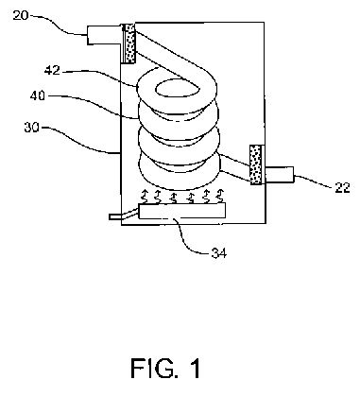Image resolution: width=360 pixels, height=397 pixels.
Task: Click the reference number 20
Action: point(21,15)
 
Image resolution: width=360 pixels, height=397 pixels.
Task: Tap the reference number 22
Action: point(342,188)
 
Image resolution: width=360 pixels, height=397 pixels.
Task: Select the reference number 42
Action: point(52,71)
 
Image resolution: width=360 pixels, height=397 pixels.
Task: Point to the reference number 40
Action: point(38,95)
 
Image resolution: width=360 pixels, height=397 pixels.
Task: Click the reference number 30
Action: point(32,128)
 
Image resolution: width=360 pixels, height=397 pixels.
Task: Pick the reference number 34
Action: point(219,253)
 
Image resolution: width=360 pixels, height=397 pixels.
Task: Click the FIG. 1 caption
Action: point(165,368)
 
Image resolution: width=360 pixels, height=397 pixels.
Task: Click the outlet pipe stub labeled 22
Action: point(280,175)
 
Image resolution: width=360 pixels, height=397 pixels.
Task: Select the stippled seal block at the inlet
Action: point(129,43)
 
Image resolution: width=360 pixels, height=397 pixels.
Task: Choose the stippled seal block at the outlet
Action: point(255,164)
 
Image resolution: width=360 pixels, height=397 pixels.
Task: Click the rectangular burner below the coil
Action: point(182,211)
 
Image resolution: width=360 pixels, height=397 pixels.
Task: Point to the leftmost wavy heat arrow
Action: point(144,196)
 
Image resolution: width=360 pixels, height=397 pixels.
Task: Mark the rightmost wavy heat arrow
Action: point(220,196)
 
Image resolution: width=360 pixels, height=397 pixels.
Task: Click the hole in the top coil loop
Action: point(178,88)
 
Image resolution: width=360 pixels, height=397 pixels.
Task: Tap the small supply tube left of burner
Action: point(124,215)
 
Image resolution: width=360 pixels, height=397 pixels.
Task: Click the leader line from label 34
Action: point(186,238)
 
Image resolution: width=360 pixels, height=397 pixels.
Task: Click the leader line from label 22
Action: point(314,181)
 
